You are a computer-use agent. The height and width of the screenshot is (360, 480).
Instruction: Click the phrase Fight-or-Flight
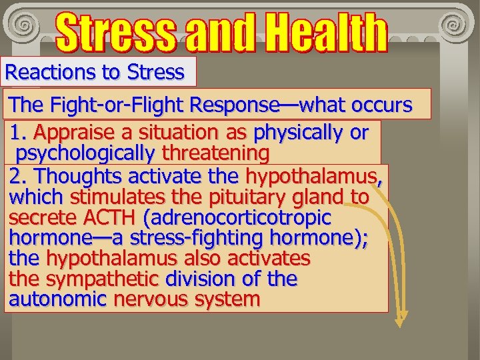[x=119, y=105]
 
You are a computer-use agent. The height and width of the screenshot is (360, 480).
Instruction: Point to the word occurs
[x=381, y=105]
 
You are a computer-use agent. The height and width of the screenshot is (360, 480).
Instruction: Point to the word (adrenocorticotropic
[x=236, y=217]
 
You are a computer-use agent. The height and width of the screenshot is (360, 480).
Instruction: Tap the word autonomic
[x=57, y=299]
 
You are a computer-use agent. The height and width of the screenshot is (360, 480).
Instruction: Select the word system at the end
[x=227, y=299]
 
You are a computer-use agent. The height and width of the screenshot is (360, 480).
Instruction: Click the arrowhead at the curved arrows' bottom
[x=399, y=321]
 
